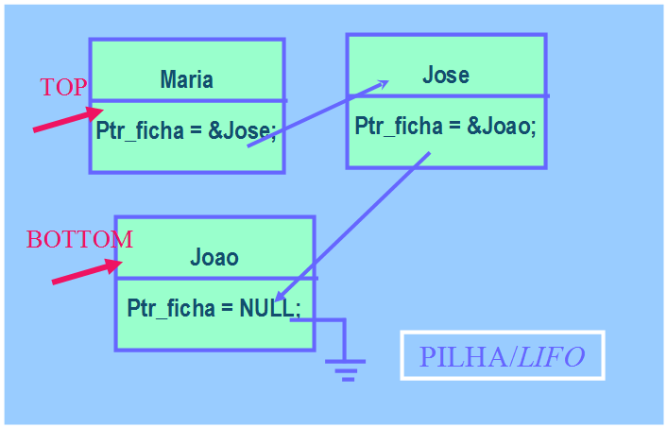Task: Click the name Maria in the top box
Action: point(186,79)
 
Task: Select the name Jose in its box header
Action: point(445,75)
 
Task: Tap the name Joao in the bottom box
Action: point(214,257)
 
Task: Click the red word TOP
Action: point(63,88)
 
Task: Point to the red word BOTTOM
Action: point(79,239)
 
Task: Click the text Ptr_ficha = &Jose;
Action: point(186,131)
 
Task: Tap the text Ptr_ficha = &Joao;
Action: point(445,127)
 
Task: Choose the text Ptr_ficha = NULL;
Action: point(214,308)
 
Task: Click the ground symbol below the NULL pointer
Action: point(347,368)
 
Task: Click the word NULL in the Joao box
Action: point(267,308)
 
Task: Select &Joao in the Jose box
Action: point(501,127)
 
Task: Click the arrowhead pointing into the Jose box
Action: point(382,84)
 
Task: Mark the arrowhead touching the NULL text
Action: point(281,297)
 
